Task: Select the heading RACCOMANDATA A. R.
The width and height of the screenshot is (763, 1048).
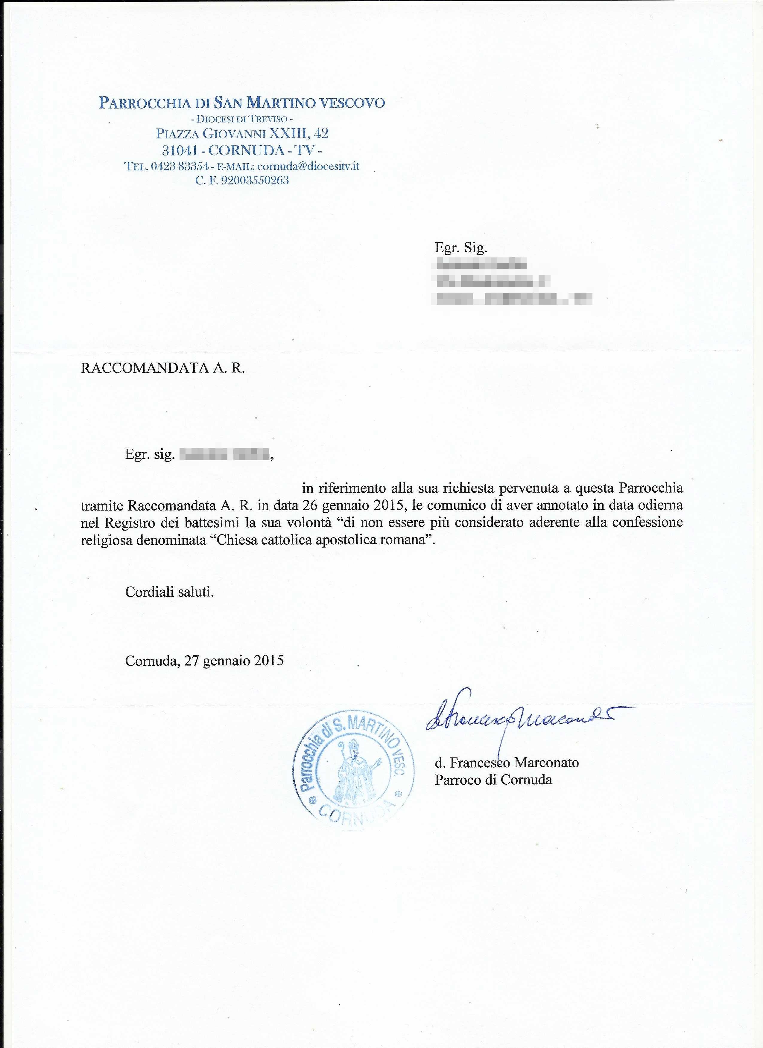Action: click(x=163, y=368)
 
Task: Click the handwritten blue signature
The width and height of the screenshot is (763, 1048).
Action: click(x=518, y=718)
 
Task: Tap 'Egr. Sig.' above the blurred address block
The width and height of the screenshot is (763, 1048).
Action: click(x=461, y=248)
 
